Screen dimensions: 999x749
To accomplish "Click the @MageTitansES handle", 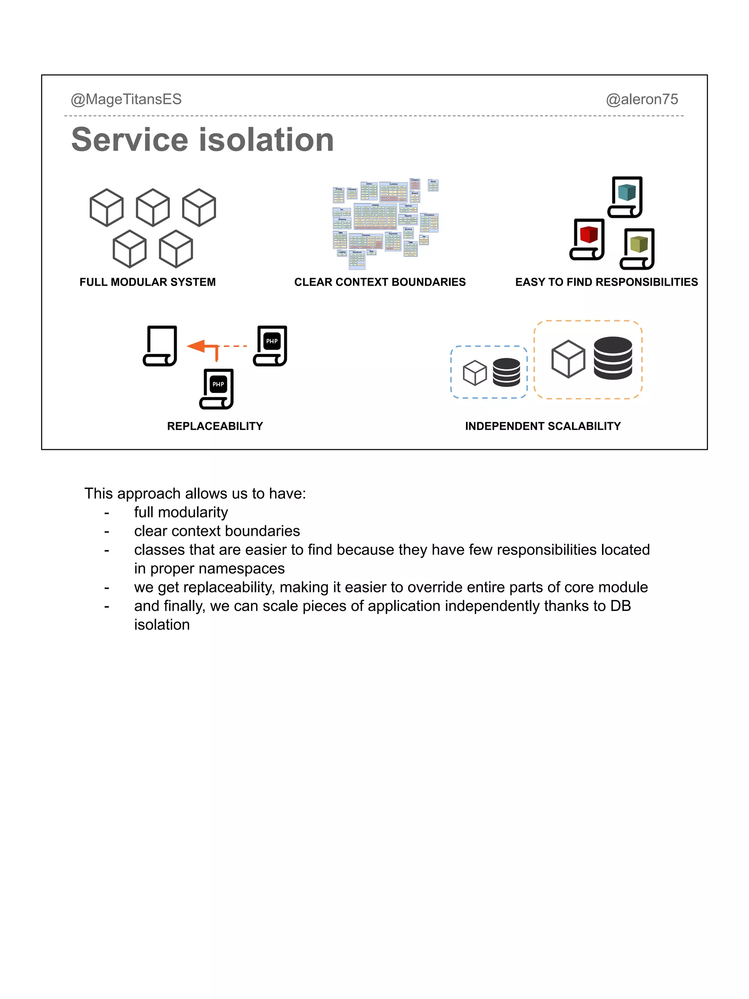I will pyautogui.click(x=126, y=99).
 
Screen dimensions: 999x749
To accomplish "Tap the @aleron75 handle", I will pyautogui.click(x=641, y=99).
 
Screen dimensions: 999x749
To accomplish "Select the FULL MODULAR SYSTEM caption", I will pyautogui.click(x=148, y=282).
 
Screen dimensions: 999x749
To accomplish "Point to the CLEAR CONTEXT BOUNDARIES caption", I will pyautogui.click(x=380, y=282).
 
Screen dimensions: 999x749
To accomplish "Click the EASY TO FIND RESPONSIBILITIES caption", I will pyautogui.click(x=606, y=282).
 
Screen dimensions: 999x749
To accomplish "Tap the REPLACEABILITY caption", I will pyautogui.click(x=215, y=426).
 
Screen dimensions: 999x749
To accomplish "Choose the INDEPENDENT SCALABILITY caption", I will pyautogui.click(x=543, y=426).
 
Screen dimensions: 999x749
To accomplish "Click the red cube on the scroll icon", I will pyautogui.click(x=588, y=235).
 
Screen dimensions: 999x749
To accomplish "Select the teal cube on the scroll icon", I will pyautogui.click(x=626, y=192).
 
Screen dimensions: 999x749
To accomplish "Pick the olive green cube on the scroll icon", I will pyautogui.click(x=639, y=244).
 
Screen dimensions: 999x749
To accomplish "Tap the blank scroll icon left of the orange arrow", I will pyautogui.click(x=160, y=345).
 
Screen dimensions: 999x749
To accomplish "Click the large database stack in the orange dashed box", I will pyautogui.click(x=613, y=358).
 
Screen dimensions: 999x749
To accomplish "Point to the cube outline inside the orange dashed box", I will pyautogui.click(x=568, y=359).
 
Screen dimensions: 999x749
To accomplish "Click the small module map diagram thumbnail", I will pyautogui.click(x=385, y=223).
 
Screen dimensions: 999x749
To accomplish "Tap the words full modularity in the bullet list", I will pyautogui.click(x=181, y=512).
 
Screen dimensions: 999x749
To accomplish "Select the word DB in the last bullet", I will pyautogui.click(x=620, y=606).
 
